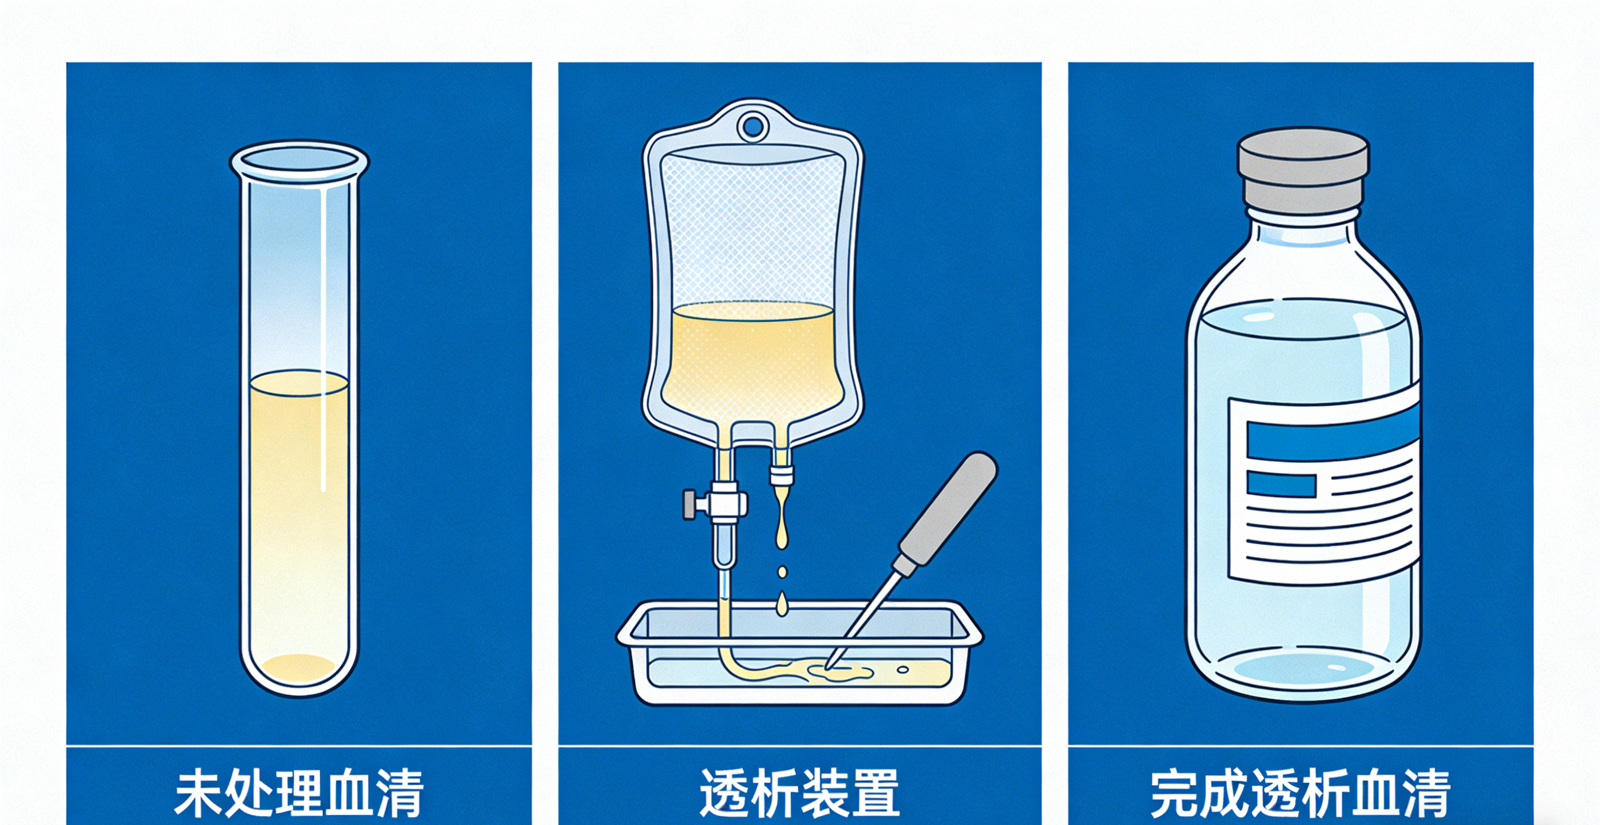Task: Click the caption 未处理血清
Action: point(299,793)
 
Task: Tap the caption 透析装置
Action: point(799,793)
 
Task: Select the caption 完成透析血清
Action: point(1300,793)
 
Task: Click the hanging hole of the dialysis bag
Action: point(753,127)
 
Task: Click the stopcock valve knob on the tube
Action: point(690,503)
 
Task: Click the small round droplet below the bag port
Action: point(782,572)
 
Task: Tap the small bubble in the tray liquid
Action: point(903,669)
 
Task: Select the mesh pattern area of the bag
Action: point(753,230)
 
